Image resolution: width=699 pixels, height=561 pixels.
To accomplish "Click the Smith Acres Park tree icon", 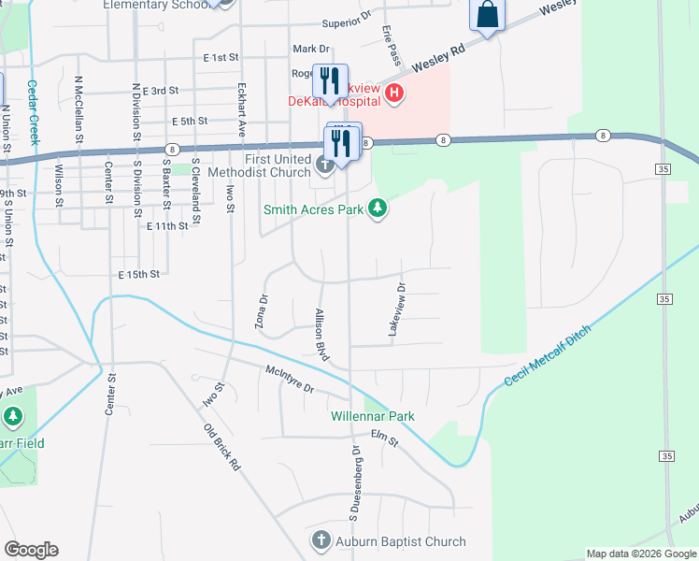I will click(x=378, y=208).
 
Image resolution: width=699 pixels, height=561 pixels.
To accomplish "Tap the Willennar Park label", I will click(x=372, y=416).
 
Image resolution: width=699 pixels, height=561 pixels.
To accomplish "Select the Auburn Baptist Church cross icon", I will click(x=321, y=541).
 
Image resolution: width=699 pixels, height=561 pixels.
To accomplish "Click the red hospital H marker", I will click(x=394, y=93).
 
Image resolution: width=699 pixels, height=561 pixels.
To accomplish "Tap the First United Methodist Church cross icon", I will click(x=324, y=165).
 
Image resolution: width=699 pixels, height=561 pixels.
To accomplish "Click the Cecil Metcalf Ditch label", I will click(x=548, y=356).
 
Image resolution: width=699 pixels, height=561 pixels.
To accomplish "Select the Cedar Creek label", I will click(x=33, y=111).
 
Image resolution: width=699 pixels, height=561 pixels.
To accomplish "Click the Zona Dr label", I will click(x=263, y=312).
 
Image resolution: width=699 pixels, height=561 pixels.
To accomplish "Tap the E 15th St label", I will click(x=139, y=274).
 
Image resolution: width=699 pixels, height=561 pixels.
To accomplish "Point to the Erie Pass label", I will click(x=392, y=46).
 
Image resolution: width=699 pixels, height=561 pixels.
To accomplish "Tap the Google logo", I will click(x=31, y=550).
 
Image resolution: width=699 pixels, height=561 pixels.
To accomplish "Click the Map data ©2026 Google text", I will click(x=640, y=554).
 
